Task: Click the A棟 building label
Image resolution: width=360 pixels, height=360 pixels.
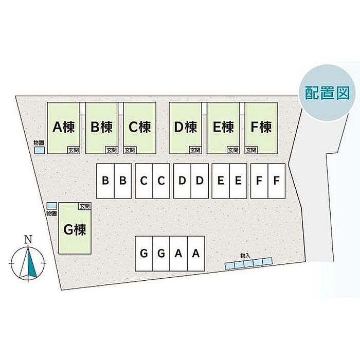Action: click(64, 127)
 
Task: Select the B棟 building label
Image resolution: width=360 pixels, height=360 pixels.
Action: click(102, 127)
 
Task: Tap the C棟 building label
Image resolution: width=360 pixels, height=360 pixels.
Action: click(139, 127)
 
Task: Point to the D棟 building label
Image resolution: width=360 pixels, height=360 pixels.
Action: click(186, 127)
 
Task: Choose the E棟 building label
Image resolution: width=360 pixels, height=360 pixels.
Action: click(223, 127)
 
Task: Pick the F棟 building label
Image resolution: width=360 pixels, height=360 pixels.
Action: click(260, 127)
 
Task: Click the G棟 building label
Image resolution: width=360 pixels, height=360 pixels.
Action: click(74, 230)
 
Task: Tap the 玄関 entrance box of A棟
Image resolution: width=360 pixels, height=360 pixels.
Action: click(73, 150)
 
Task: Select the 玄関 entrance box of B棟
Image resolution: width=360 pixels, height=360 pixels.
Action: click(111, 150)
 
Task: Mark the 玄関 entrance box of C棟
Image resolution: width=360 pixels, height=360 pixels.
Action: click(130, 150)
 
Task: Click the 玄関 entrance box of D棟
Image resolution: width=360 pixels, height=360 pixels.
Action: click(194, 150)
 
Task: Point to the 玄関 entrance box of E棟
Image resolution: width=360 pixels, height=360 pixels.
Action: click(232, 150)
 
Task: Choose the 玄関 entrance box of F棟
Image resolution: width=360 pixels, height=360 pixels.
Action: click(251, 150)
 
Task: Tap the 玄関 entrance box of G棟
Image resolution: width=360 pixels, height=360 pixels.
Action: click(84, 206)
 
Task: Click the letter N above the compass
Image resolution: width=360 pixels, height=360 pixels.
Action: click(29, 239)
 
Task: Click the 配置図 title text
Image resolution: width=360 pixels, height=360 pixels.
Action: click(327, 92)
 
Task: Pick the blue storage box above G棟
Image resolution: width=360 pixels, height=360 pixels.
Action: click(51, 205)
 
